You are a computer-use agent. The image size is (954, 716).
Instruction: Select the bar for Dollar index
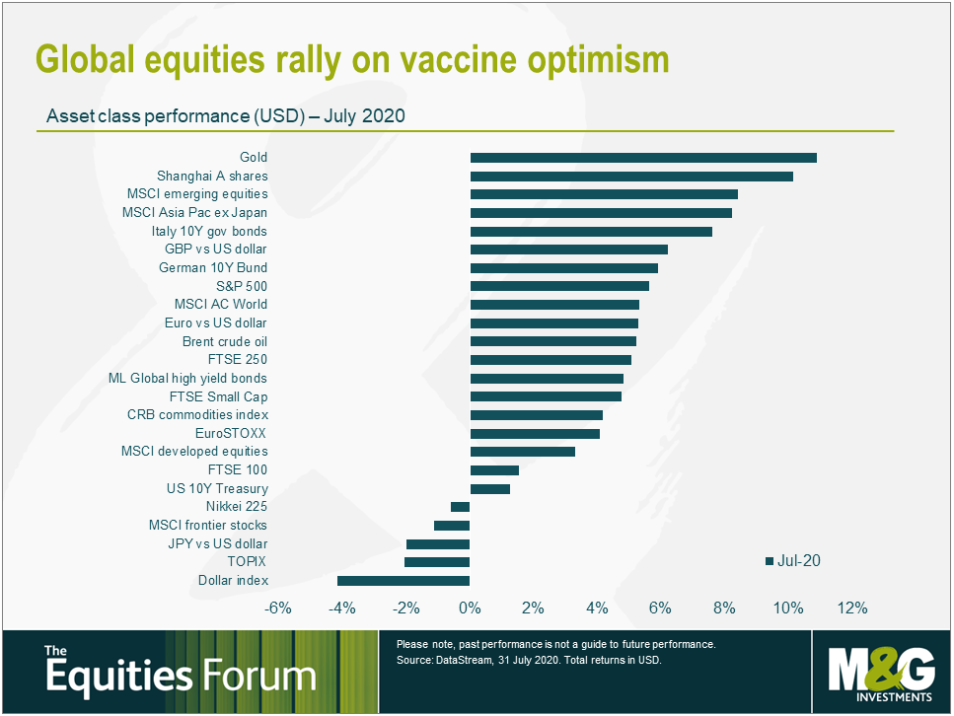pyautogui.click(x=404, y=581)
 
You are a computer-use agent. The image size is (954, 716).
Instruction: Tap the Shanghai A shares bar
pyautogui.click(x=631, y=177)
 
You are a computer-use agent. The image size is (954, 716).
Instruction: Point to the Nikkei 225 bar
pyautogui.click(x=461, y=507)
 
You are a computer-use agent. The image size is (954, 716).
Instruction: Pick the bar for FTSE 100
pyautogui.click(x=494, y=470)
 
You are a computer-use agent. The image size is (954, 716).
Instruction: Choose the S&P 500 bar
pyautogui.click(x=559, y=286)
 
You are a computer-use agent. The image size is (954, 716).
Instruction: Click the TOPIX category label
pyautogui.click(x=247, y=562)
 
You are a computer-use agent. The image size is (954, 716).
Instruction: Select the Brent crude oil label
pyautogui.click(x=225, y=341)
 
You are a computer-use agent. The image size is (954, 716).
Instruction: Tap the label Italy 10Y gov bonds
pyautogui.click(x=209, y=231)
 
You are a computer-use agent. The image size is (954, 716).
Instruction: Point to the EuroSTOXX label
pyautogui.click(x=232, y=433)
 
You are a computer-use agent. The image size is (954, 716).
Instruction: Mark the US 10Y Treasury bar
pyautogui.click(x=490, y=488)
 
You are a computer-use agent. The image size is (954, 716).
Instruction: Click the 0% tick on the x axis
pyautogui.click(x=470, y=608)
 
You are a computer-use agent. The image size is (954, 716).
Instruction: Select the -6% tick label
pyautogui.click(x=278, y=608)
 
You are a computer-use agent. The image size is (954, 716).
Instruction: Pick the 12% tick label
pyautogui.click(x=851, y=608)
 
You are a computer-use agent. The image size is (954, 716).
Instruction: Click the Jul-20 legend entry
pyautogui.click(x=793, y=561)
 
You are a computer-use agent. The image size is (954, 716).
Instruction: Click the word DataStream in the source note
pyautogui.click(x=461, y=661)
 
